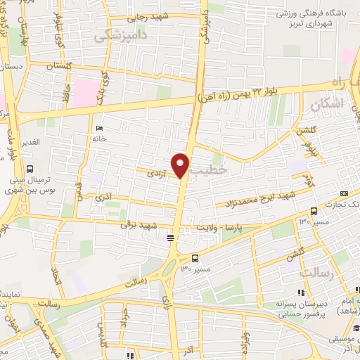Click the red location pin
[181, 164]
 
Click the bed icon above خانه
[98, 128]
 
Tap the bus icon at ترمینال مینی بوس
[30, 169]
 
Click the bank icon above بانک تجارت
[343, 193]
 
